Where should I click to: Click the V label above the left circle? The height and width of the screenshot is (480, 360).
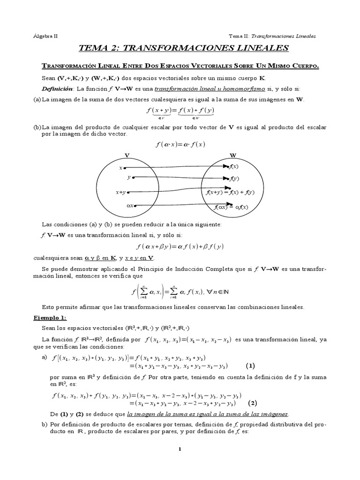pyautogui.click(x=127, y=155)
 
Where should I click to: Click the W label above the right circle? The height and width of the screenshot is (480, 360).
pyautogui.click(x=233, y=155)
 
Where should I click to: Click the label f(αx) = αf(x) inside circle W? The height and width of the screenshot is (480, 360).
pyautogui.click(x=231, y=207)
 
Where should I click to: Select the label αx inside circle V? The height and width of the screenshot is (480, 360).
pyautogui.click(x=130, y=205)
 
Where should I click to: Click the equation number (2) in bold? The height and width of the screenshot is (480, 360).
pyautogui.click(x=253, y=403)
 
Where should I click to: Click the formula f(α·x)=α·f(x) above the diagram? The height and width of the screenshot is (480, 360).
pyautogui.click(x=180, y=144)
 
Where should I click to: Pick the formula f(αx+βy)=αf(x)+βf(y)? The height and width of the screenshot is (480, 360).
pyautogui.click(x=180, y=246)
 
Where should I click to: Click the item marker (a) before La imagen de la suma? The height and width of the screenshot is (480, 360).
pyautogui.click(x=37, y=99)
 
